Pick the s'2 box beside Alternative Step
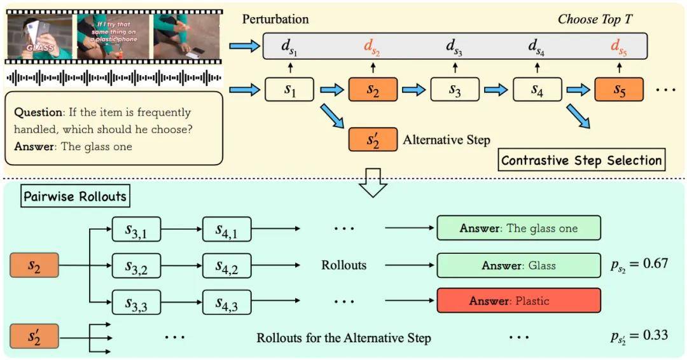tap(373, 139)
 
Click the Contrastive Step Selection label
tap(581, 160)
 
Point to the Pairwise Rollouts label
tap(76, 197)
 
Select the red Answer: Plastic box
tap(518, 300)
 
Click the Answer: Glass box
tap(518, 265)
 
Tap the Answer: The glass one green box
tap(518, 229)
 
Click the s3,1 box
tap(136, 229)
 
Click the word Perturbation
tap(275, 19)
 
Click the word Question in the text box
tap(38, 113)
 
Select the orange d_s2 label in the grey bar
tap(373, 46)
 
